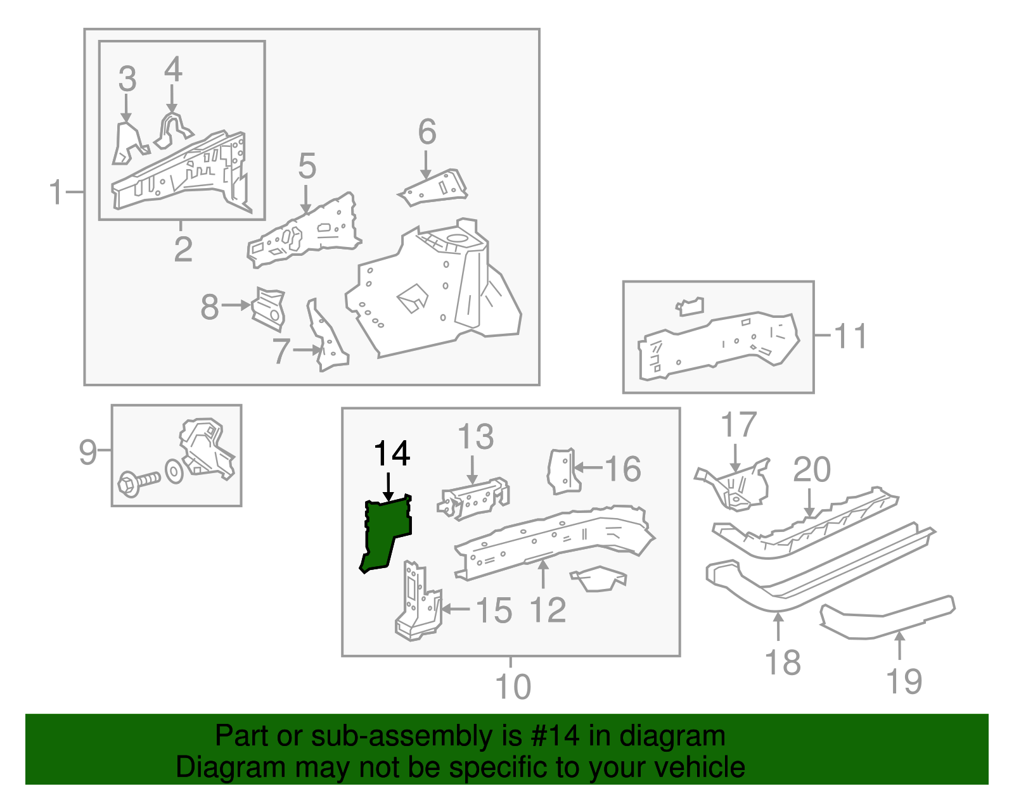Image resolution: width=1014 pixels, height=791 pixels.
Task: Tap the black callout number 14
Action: coord(392,454)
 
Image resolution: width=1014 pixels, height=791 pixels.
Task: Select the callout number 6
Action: coord(427,132)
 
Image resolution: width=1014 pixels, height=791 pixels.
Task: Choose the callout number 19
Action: coord(904,681)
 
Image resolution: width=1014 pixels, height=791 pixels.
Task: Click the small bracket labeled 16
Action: coord(563,471)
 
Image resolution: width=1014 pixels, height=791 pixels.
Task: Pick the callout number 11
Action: coord(850,336)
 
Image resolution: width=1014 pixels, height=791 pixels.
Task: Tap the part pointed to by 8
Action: coord(269,308)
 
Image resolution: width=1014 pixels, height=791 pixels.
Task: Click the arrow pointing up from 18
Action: coord(778,627)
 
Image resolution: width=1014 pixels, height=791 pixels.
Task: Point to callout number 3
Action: coord(127,79)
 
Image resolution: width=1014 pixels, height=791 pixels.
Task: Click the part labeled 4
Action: coord(172,130)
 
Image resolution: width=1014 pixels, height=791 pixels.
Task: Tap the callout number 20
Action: coord(811,470)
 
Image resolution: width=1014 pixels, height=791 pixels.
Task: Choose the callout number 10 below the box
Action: coord(513,687)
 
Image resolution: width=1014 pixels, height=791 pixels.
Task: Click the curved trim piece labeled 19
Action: coord(887,617)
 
